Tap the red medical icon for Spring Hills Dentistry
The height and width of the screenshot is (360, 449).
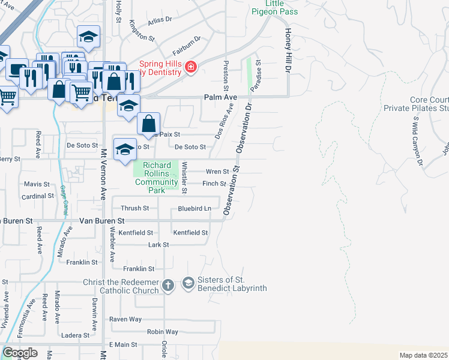[191, 67]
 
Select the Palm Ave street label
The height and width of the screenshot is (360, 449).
[221, 97]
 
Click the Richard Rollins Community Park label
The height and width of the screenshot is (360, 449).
[157, 178]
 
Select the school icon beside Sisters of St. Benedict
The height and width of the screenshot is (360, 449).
[188, 283]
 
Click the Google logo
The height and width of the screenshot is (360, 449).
[19, 352]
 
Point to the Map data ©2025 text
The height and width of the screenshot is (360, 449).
[423, 355]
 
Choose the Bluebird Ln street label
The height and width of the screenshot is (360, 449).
[194, 209]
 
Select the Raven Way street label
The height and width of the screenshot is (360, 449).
[125, 320]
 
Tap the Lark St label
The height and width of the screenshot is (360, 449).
[158, 245]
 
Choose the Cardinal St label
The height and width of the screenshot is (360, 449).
[38, 196]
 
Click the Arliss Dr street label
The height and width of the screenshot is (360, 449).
[160, 19]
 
